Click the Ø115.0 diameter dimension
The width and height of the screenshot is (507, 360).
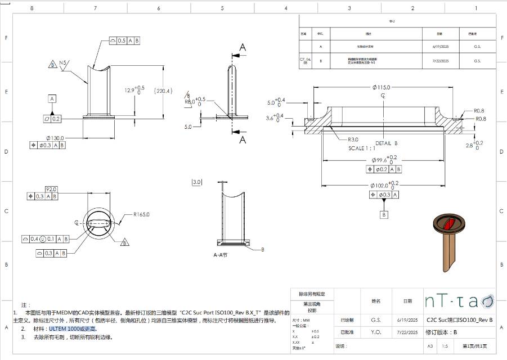382,88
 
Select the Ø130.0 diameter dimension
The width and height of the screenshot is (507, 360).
55,138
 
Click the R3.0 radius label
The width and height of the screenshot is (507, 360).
353,139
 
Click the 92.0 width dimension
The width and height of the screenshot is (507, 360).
51,189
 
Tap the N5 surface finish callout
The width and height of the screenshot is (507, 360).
63,62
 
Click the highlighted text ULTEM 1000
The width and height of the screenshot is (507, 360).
73,328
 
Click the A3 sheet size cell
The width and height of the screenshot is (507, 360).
430,346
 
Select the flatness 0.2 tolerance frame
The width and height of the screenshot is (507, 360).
52,119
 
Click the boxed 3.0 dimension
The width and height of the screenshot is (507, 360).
196,182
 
